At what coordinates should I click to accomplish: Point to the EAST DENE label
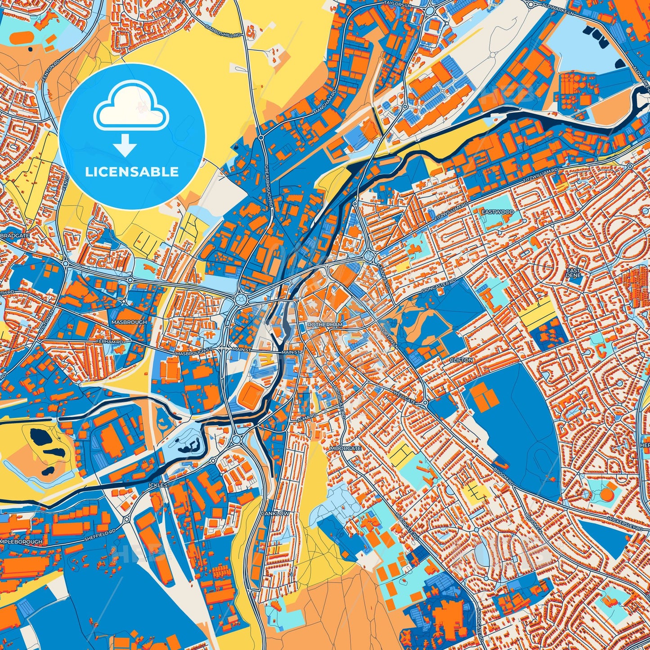pyautogui.click(x=574, y=273)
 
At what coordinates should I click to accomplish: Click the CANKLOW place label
pyautogui.click(x=275, y=513)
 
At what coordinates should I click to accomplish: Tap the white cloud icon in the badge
pyautogui.click(x=131, y=107)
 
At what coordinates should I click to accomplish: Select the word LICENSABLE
pyautogui.click(x=132, y=172)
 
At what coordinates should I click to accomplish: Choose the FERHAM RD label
pyautogui.click(x=109, y=342)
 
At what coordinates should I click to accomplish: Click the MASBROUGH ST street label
pyautogui.click(x=193, y=354)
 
